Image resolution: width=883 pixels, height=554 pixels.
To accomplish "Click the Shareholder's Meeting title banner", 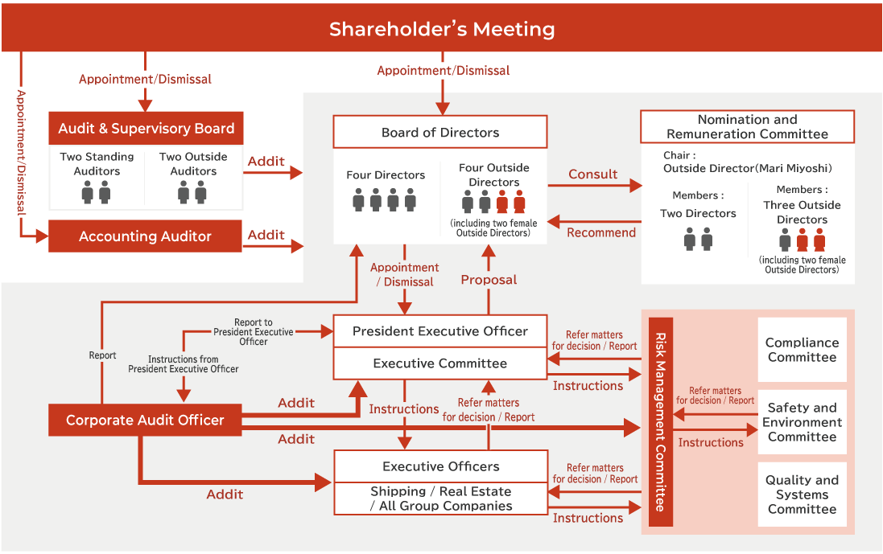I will pyautogui.click(x=441, y=30).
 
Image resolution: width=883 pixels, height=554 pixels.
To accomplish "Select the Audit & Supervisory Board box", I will pyautogui.click(x=146, y=129).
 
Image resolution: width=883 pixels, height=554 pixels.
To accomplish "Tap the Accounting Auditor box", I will pyautogui.click(x=145, y=236).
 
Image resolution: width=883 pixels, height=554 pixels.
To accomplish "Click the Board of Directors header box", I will pyautogui.click(x=440, y=133).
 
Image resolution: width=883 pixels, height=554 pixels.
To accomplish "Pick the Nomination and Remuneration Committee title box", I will pyautogui.click(x=747, y=127).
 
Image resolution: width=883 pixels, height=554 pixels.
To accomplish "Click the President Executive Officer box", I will pyautogui.click(x=440, y=331).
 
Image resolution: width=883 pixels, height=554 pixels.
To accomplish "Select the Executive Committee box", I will pyautogui.click(x=440, y=363).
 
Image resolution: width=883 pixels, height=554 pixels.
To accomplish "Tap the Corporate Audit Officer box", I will pyautogui.click(x=145, y=420).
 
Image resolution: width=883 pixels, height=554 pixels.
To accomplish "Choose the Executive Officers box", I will pyautogui.click(x=440, y=466).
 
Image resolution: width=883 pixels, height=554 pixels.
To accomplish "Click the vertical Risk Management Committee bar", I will pyautogui.click(x=660, y=422).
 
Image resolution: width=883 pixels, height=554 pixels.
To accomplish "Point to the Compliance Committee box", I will pyautogui.click(x=802, y=350).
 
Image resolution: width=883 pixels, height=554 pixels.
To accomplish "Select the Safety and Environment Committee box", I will pyautogui.click(x=802, y=422).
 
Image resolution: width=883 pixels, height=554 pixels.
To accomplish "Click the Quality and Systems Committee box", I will pyautogui.click(x=802, y=494).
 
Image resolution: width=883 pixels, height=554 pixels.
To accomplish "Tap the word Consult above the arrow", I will pyautogui.click(x=593, y=174).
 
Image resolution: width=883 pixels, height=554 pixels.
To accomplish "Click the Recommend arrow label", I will pyautogui.click(x=601, y=232).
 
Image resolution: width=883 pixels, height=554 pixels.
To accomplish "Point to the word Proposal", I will pyautogui.click(x=489, y=280).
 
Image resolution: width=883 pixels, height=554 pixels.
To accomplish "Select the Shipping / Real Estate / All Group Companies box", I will pyautogui.click(x=440, y=499).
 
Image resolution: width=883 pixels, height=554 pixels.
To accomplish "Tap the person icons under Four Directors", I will pyautogui.click(x=384, y=199).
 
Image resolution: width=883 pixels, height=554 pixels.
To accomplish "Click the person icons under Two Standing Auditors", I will pyautogui.click(x=97, y=191).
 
